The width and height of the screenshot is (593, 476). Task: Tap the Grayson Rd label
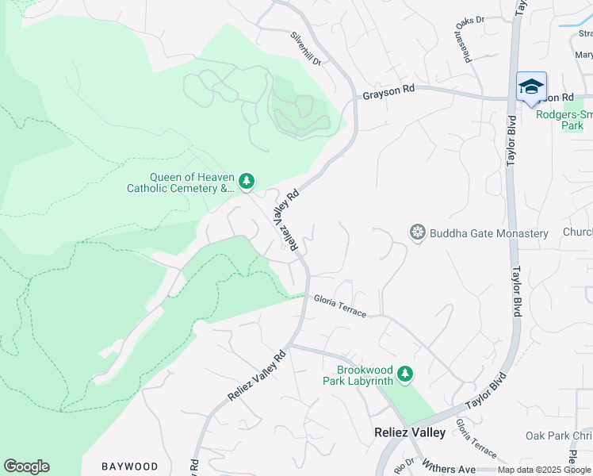[388, 92]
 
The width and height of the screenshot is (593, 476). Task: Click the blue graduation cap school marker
[531, 86]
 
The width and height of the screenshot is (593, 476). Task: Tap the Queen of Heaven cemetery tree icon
[247, 182]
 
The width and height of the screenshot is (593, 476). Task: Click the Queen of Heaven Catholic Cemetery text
[182, 183]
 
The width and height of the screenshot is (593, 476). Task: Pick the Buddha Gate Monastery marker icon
[418, 232]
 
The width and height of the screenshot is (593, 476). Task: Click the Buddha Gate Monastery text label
[489, 233]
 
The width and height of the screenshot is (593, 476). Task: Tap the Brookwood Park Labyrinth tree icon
[405, 373]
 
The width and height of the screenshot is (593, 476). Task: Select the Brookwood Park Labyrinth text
[365, 375]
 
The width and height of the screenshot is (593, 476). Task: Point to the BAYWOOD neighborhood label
[130, 466]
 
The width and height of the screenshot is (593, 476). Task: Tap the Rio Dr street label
[404, 464]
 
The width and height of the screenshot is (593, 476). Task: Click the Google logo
[26, 466]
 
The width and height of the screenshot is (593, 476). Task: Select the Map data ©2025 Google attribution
[544, 470]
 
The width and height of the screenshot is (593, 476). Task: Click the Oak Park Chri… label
[559, 436]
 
